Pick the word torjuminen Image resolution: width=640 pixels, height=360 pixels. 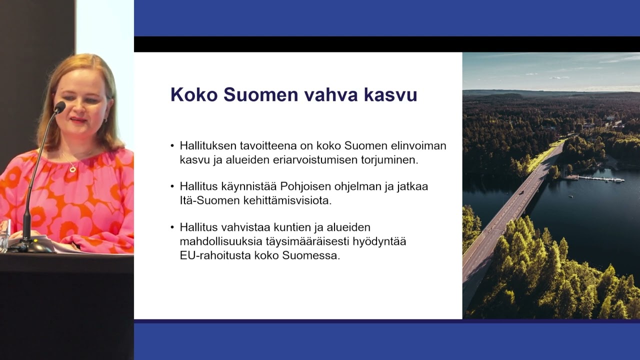pyautogui.click(x=391, y=160)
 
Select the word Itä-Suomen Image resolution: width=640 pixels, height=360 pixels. pyautogui.click(x=206, y=200)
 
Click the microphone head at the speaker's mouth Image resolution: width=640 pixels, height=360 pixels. pyautogui.click(x=59, y=107)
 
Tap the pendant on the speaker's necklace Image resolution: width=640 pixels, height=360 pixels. pyautogui.click(x=73, y=169)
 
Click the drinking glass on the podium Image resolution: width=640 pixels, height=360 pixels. pyautogui.click(x=4, y=235)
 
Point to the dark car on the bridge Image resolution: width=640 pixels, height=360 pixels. pyautogui.click(x=521, y=192)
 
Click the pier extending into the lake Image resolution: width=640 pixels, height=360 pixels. pyautogui.click(x=600, y=178)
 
